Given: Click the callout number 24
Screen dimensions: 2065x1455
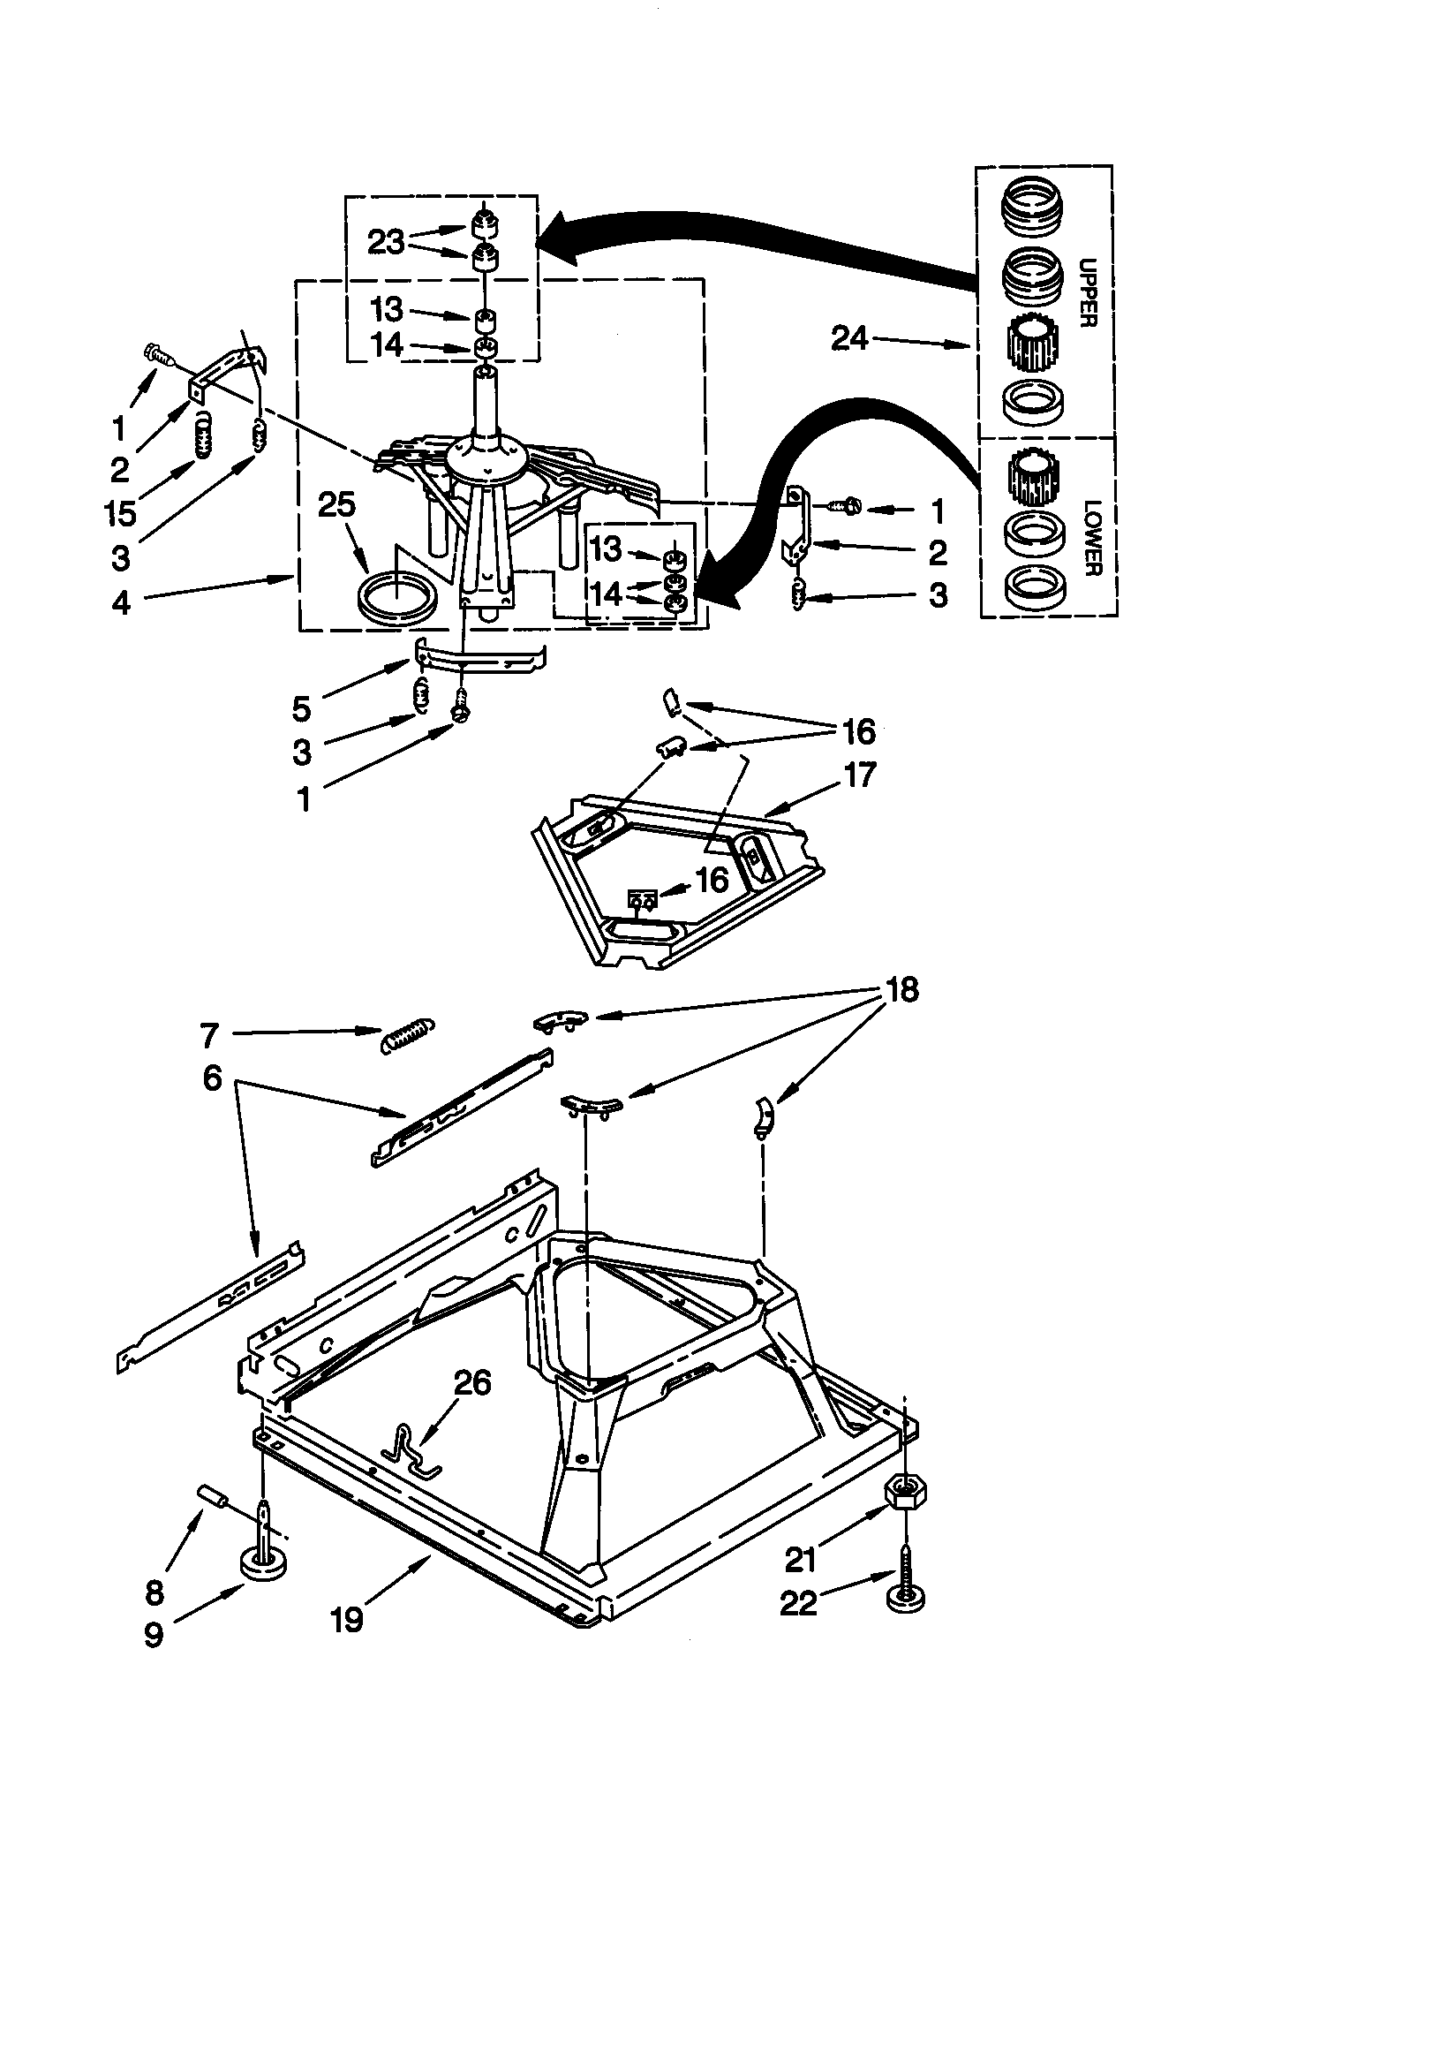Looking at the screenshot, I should (849, 338).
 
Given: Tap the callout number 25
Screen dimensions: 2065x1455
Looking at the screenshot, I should (337, 504).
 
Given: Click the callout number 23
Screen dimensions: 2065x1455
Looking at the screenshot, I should (386, 242).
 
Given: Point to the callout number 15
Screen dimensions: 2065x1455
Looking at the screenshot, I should (119, 513).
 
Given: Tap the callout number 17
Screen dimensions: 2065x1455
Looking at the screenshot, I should (860, 775).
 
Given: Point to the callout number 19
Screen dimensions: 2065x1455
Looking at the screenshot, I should (346, 1619).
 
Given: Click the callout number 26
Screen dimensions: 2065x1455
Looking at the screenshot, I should (472, 1381).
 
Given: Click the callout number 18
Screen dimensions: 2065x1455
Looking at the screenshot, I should (902, 989).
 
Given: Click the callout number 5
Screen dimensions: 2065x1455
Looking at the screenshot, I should (302, 708).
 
